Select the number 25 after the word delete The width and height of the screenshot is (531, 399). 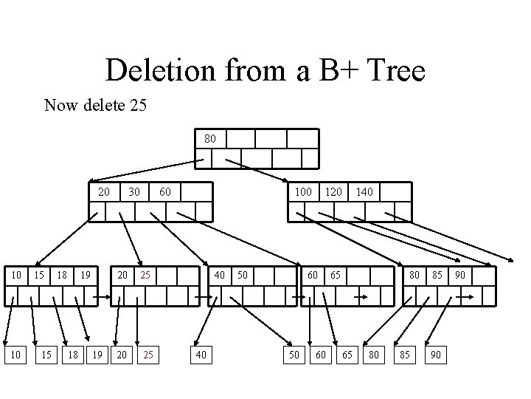click(137, 106)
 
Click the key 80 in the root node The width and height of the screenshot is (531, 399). click(210, 138)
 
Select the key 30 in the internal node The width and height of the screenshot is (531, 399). click(133, 192)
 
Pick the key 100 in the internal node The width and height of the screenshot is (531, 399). click(303, 192)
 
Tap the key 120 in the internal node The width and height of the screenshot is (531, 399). click(334, 192)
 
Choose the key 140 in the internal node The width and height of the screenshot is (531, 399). click(364, 192)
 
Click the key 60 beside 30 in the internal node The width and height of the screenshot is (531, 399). click(165, 192)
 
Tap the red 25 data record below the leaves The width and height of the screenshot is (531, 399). click(148, 355)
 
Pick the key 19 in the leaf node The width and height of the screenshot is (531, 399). click(86, 276)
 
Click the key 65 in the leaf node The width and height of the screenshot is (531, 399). click(335, 276)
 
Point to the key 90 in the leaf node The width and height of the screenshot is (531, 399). click(460, 276)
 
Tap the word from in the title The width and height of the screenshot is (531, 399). click(254, 72)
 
